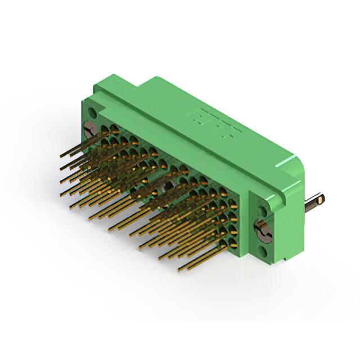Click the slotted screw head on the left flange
[x=90, y=130]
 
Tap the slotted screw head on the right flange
[x=263, y=231]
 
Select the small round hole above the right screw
[x=262, y=212]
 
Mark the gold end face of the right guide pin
[x=320, y=199]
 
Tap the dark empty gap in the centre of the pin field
[x=167, y=188]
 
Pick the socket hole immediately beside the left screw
[x=105, y=130]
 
